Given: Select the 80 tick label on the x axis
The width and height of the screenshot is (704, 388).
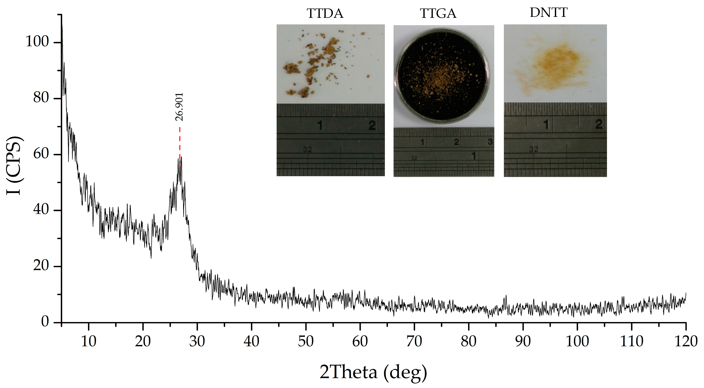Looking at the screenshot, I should point(468,341).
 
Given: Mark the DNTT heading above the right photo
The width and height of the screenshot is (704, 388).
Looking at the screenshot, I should point(548,13).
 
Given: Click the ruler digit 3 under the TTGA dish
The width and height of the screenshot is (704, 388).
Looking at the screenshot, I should point(490,142).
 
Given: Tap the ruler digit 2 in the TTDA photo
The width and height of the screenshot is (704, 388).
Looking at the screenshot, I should point(372,125).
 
